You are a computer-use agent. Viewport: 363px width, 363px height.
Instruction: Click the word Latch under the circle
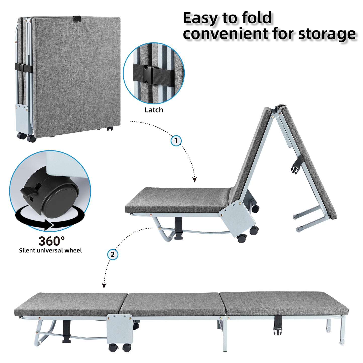[x=153, y=110]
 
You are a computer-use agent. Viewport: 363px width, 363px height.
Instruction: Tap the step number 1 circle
[x=176, y=141]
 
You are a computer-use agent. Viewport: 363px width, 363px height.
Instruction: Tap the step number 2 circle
[x=113, y=254]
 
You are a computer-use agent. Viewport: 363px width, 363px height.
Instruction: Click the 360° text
[x=51, y=241]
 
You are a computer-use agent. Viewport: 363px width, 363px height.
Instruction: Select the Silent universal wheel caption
[x=50, y=250]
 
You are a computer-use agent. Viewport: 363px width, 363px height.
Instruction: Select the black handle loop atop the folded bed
[x=77, y=18]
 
